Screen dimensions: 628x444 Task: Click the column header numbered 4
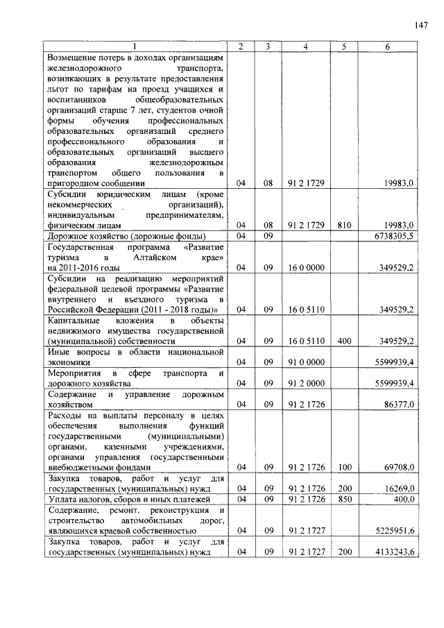[x=305, y=46]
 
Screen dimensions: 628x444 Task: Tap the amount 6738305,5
[x=392, y=236]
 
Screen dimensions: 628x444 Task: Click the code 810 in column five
[x=343, y=226]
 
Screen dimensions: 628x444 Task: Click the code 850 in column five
[x=343, y=498]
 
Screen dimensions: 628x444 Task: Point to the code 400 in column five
[x=343, y=341]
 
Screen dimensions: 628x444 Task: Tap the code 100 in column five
[x=343, y=468]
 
